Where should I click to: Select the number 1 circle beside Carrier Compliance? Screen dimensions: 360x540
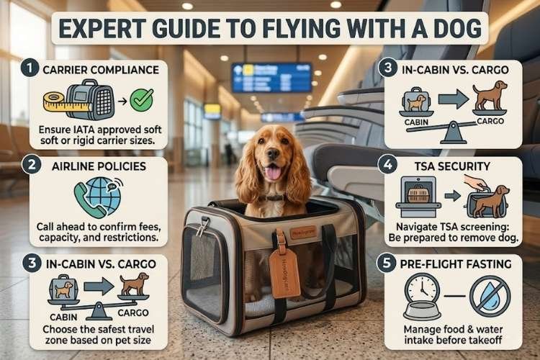coord(27,71)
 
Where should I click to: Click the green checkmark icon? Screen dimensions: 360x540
coord(141,100)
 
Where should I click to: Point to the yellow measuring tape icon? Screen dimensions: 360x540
coord(56,102)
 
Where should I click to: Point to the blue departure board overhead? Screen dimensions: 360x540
coord(271,77)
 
